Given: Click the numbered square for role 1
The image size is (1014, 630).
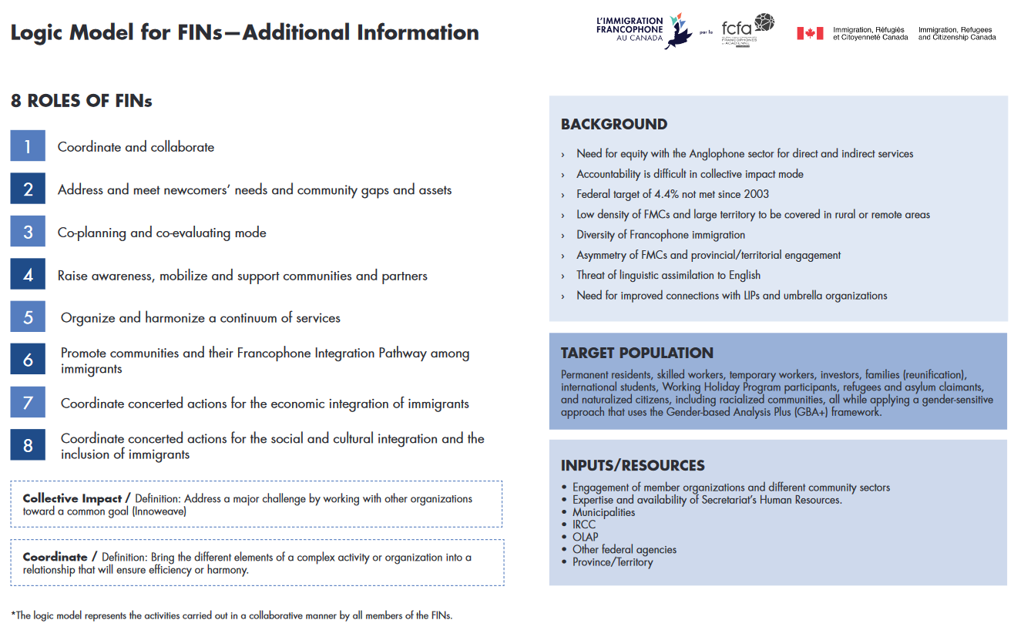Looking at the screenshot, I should (28, 146).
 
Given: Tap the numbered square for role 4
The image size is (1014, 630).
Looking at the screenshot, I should (28, 275).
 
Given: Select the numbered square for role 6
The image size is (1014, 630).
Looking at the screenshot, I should (28, 360).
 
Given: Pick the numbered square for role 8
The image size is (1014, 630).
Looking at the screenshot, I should (28, 445).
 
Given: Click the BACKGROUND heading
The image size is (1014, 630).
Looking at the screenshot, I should (613, 125).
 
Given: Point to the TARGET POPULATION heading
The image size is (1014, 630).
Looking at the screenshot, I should (636, 354).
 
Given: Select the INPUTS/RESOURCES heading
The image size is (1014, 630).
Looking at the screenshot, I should (632, 466).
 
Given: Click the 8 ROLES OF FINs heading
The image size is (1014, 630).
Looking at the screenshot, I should (81, 101).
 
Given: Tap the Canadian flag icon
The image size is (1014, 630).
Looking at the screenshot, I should (810, 33).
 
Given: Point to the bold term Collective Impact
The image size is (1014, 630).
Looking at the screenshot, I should (72, 499).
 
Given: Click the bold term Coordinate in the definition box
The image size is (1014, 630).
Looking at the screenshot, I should (55, 557).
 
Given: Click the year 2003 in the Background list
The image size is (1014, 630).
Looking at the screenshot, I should (755, 194).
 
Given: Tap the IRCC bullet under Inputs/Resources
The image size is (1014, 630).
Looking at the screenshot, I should (584, 524).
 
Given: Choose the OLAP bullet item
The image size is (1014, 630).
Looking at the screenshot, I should (585, 537).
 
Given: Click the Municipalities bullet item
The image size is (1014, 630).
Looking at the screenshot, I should (603, 512).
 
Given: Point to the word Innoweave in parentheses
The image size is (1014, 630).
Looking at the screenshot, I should (159, 511).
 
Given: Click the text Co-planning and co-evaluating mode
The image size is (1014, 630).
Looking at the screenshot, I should (162, 233).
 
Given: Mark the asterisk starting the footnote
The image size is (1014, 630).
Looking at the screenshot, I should (13, 615).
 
